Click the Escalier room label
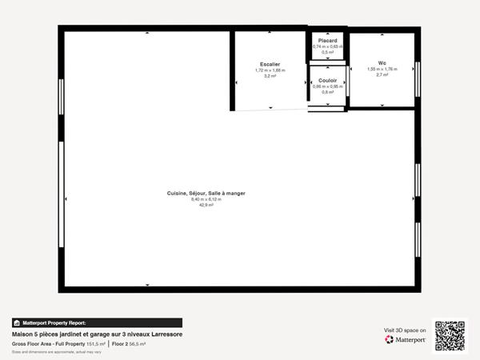270,63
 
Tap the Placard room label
327,40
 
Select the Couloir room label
327,80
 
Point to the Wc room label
382,63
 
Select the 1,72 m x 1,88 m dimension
270,70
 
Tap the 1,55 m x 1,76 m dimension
382,70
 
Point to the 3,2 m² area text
270,76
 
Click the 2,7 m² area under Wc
382,76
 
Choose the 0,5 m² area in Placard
327,52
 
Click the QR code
450,335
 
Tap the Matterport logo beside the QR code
405,339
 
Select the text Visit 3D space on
405,329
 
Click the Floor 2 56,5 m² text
129,343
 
